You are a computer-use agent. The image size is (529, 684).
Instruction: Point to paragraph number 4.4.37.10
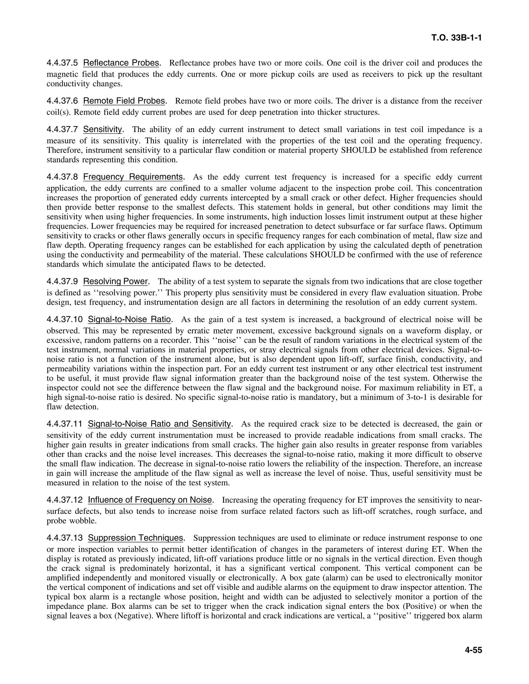(x=65, y=320)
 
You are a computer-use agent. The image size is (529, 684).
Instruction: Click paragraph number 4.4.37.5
(x=62, y=63)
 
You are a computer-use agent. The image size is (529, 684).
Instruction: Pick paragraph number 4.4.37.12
(x=65, y=500)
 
